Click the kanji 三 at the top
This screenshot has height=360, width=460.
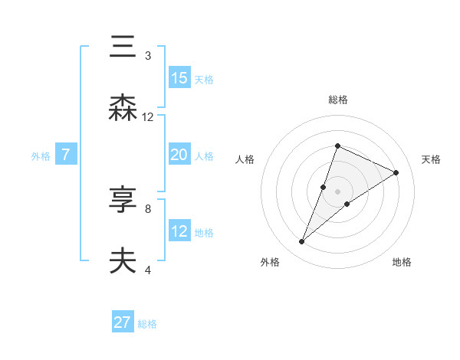tap(123, 47)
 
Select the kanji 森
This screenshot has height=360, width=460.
tap(123, 109)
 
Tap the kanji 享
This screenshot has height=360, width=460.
tap(123, 201)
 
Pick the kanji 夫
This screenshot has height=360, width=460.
tap(123, 262)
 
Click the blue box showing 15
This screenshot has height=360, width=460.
tap(179, 78)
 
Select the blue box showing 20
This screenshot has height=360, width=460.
tap(179, 155)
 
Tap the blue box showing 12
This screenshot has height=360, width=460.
tap(179, 231)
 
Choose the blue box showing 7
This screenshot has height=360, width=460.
tap(66, 155)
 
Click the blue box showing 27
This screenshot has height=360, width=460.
tap(123, 322)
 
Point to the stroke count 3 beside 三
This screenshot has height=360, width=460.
tap(148, 55)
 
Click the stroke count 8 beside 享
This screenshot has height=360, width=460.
tap(148, 208)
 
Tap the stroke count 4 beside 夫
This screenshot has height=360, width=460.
tap(148, 270)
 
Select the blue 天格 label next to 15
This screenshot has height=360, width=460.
tap(204, 80)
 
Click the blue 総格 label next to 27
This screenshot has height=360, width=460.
tap(147, 324)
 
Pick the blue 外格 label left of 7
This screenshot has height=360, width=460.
tap(41, 156)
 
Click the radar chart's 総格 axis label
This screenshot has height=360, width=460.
tap(337, 100)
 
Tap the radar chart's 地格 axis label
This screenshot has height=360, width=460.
tap(402, 262)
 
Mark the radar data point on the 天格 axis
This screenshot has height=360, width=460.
tap(396, 172)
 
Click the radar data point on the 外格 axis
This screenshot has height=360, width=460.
tap(302, 242)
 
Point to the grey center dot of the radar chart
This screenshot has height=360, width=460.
tap(337, 191)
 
